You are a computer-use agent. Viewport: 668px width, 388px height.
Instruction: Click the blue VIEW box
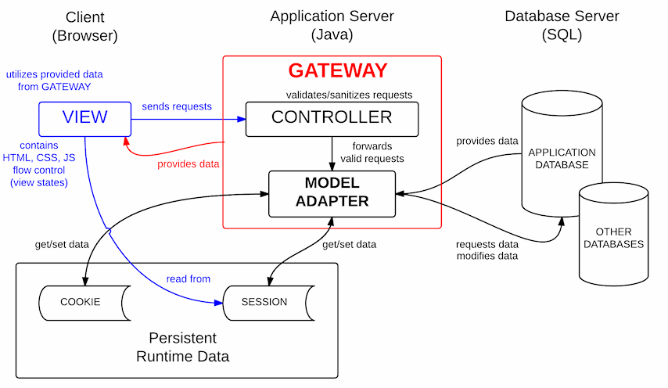point(84,119)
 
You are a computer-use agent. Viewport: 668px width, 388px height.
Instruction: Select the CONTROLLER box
point(332,118)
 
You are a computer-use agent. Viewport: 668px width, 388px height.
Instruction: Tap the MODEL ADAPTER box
point(332,193)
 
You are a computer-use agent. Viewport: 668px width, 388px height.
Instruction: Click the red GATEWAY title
point(337,70)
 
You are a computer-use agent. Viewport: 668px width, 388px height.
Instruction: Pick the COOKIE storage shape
point(81,302)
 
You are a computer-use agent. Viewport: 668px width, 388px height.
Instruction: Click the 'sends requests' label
point(176,106)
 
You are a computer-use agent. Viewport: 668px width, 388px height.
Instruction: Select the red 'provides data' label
point(189,163)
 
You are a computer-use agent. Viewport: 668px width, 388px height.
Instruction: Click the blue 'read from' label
point(188,278)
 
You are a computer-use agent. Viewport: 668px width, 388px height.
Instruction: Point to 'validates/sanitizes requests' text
point(349,95)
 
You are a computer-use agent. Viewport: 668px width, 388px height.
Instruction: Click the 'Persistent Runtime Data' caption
point(183,348)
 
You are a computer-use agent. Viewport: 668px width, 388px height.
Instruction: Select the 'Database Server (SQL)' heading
point(561,25)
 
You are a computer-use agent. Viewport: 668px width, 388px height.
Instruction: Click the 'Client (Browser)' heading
point(84,25)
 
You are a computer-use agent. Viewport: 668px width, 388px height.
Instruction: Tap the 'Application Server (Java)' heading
point(332,25)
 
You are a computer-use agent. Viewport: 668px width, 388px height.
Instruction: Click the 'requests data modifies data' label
point(487,250)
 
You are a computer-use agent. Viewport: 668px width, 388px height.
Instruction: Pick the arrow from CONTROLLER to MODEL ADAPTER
point(332,152)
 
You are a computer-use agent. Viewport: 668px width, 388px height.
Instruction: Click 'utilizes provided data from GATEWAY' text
point(48,81)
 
